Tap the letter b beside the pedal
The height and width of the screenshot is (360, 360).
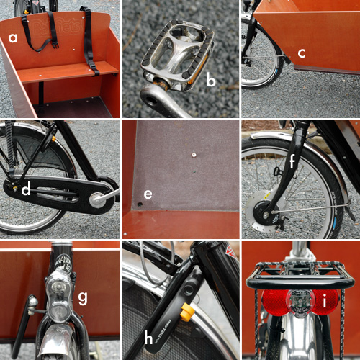tap(211, 81)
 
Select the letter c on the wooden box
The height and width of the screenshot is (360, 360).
tap(302, 53)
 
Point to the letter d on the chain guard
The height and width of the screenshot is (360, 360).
tap(25, 191)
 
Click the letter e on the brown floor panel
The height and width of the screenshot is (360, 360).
tap(148, 194)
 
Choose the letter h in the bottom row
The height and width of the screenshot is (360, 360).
tap(150, 336)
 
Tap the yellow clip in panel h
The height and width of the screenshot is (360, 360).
tap(188, 312)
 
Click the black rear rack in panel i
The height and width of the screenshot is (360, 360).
tap(299, 275)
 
